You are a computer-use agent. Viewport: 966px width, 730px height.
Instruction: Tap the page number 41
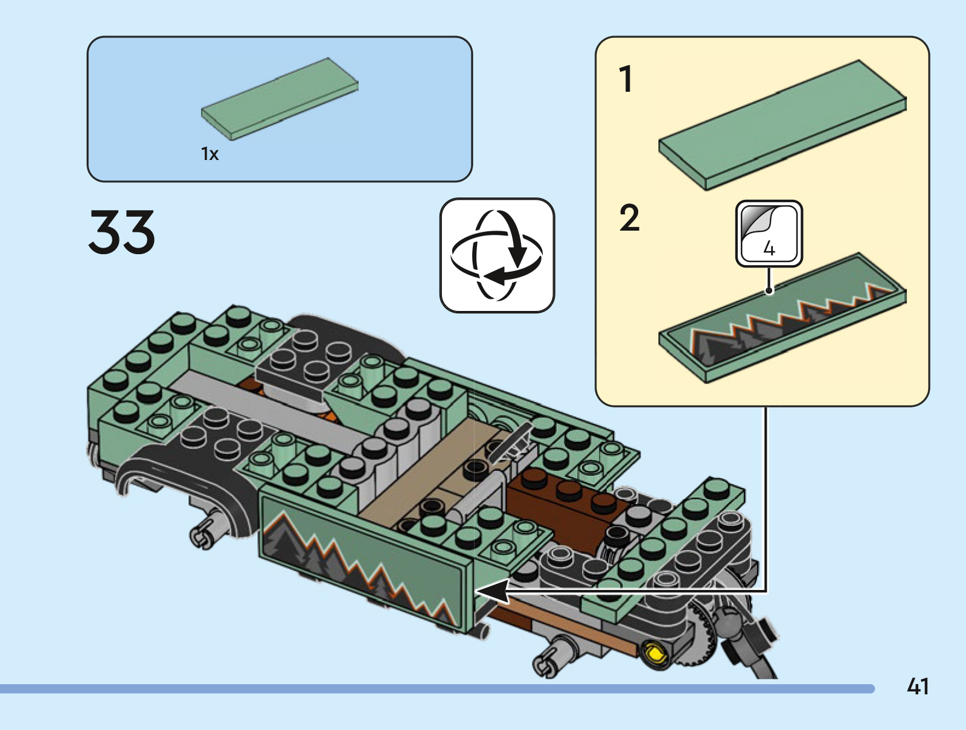tap(918, 686)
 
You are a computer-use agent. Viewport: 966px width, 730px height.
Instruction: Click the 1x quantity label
tap(210, 154)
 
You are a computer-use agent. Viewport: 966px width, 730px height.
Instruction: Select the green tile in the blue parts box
tap(280, 99)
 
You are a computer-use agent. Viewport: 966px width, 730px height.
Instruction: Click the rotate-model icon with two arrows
tap(497, 255)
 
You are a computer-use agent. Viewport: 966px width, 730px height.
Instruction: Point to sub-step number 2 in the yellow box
tap(629, 218)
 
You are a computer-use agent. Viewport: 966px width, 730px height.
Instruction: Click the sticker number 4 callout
tap(769, 233)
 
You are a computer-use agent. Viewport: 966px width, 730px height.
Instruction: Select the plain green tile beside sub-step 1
tap(782, 125)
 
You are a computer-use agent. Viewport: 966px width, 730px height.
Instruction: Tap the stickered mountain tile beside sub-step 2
tap(782, 318)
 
